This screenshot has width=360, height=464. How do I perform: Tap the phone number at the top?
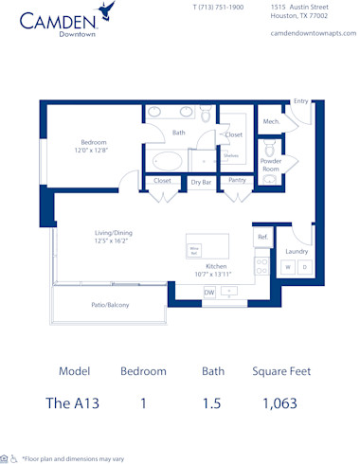(218, 7)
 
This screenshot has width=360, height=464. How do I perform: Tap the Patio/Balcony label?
(110, 305)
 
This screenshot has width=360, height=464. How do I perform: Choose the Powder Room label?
(271, 165)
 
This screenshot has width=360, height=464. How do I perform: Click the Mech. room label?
(270, 121)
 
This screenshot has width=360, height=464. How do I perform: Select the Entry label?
(300, 101)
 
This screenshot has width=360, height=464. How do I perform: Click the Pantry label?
(237, 180)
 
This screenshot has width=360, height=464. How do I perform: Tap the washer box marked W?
(287, 268)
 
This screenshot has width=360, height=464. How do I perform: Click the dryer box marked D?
(304, 268)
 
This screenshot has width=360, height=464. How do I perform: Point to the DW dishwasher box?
(209, 293)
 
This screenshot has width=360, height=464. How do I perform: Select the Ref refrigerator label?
(261, 237)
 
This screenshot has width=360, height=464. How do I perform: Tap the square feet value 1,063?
(279, 402)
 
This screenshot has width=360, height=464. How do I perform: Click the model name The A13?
(72, 402)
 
